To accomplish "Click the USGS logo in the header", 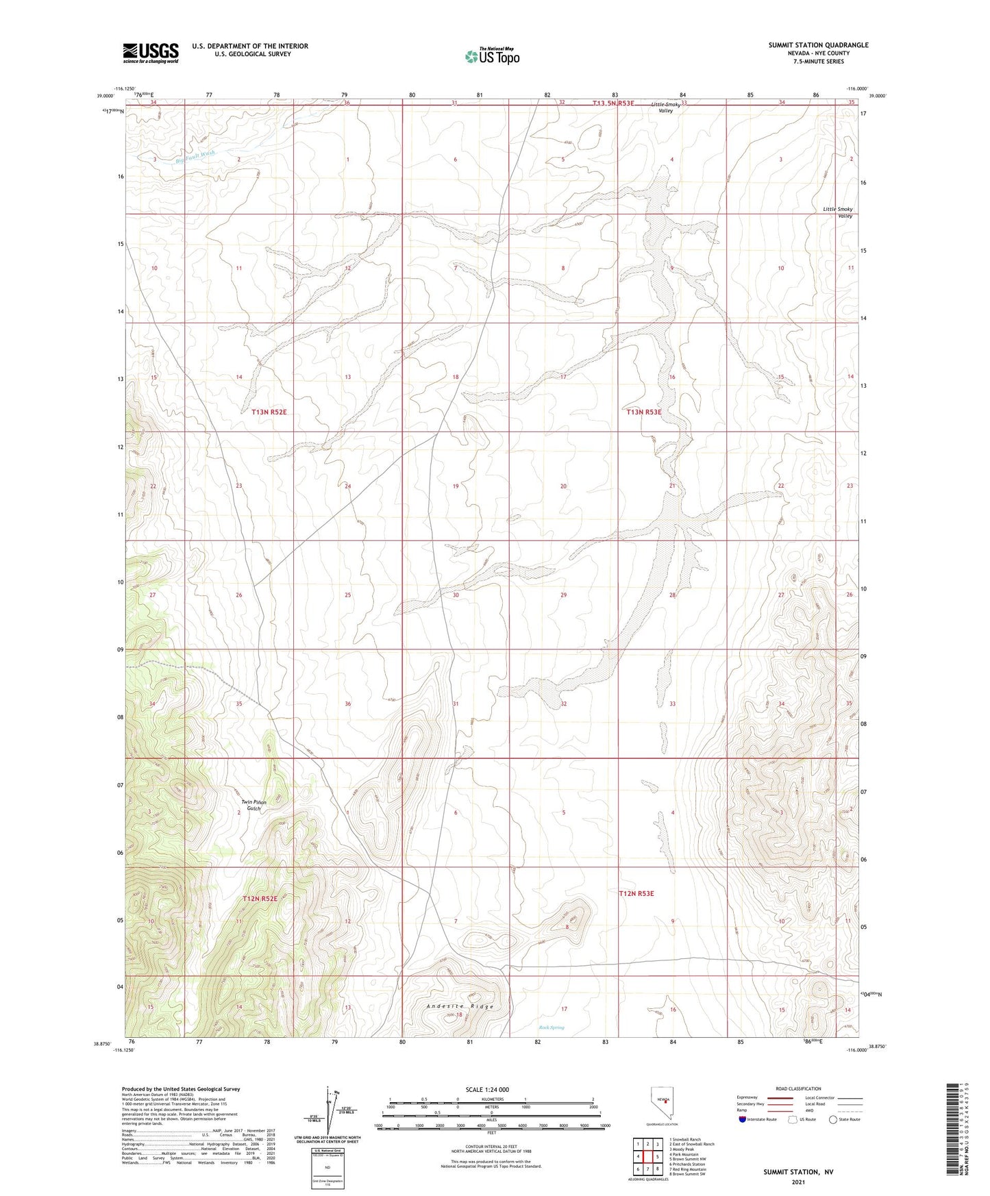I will [x=150, y=53].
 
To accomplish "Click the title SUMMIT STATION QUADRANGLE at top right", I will [x=818, y=45].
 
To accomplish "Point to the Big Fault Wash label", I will [x=195, y=156].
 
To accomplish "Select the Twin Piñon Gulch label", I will [x=253, y=805].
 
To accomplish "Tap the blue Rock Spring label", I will [x=551, y=1027].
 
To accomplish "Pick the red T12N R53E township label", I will [x=636, y=893].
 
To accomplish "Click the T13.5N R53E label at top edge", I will [x=613, y=103].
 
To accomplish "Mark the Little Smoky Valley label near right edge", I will [x=837, y=212].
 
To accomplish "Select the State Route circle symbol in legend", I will [x=832, y=1119].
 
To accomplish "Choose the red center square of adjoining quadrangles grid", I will [x=647, y=1156].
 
